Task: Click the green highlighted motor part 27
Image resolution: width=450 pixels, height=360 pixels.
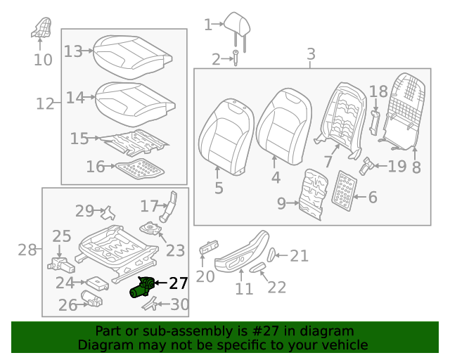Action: [x=142, y=288]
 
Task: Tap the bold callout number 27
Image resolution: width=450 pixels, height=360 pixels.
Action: [x=178, y=283]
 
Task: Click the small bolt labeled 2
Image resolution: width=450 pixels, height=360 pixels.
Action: [x=236, y=58]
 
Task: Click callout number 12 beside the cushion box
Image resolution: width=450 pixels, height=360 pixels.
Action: [x=45, y=104]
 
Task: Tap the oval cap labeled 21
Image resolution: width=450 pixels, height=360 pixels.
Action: [x=272, y=255]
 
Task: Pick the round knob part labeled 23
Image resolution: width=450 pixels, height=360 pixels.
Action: [x=150, y=229]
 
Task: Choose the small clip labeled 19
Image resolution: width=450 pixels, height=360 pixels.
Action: [x=366, y=167]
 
